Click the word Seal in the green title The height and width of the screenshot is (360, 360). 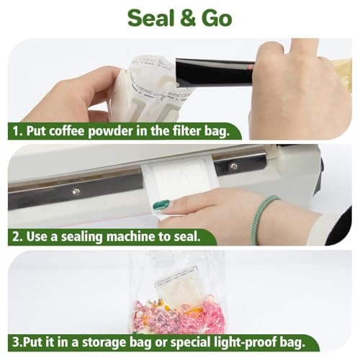click(x=149, y=17)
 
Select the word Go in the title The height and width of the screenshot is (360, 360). click(x=215, y=17)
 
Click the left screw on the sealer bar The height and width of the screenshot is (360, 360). click(x=75, y=192)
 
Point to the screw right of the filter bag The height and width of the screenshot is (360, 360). click(x=233, y=166)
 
